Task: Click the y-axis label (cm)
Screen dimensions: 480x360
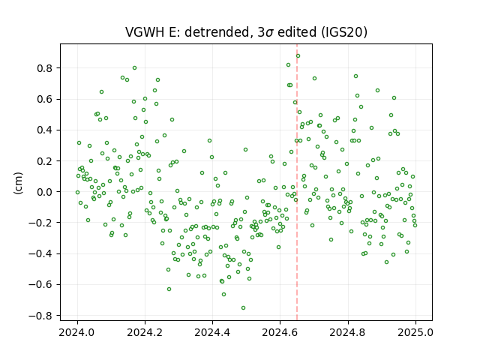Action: coord(18,183)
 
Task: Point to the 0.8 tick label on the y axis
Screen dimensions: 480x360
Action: coord(44,68)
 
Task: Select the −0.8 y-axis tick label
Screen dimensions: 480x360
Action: coord(40,316)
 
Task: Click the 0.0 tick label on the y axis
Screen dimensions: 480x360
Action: coord(44,192)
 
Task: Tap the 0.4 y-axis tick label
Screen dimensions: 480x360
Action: coord(44,130)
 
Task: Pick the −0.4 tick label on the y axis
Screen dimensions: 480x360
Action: coord(40,253)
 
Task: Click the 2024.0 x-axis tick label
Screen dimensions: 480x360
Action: coord(77,332)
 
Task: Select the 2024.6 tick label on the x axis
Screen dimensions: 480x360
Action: coord(280,332)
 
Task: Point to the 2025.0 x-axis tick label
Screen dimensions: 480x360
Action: coord(415,332)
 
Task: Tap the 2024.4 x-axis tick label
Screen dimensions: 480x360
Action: coord(212,332)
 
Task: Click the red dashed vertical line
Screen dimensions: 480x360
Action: coord(297,182)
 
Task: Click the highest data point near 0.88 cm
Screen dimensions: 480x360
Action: coord(298,56)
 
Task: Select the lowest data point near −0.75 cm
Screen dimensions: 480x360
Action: coord(243,308)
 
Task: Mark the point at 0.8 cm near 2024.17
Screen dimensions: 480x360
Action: coord(134,68)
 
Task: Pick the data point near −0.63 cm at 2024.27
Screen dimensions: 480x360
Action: coord(169,289)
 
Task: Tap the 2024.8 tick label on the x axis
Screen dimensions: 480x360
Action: coord(348,332)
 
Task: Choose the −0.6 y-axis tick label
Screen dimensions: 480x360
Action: coord(40,285)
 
